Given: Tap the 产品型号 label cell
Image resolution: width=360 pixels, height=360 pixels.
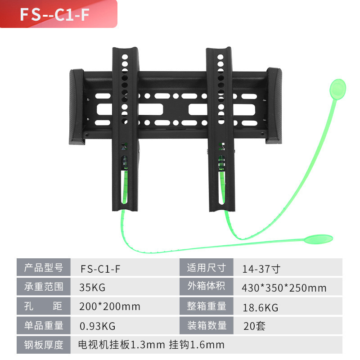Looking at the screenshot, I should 43,268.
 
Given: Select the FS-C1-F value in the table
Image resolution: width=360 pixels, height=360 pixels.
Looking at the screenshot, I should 100,269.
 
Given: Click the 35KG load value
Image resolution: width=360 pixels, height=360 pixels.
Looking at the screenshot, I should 92,288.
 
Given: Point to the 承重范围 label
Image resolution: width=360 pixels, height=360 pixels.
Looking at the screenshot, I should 43,287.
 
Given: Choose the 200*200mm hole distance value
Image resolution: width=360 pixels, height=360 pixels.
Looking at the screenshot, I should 109,306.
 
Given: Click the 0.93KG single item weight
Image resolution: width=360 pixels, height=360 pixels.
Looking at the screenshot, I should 97,325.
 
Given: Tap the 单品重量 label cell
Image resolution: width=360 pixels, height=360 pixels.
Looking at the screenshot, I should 43,325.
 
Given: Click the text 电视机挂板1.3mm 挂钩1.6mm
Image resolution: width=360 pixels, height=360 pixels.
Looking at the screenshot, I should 151,345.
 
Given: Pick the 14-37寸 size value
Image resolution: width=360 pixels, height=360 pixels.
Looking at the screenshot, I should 261,269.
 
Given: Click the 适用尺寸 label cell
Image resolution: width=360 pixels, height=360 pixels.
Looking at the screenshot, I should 206,268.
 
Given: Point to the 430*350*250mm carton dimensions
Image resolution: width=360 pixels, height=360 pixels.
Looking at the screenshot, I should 283,288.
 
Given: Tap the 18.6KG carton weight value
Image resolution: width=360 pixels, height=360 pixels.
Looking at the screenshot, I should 260,307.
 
